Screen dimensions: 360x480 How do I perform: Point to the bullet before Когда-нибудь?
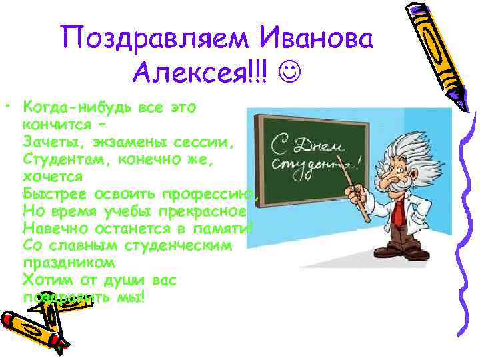[x=7, y=107]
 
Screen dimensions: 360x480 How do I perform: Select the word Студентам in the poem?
[x=59, y=159]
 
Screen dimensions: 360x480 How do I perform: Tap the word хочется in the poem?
[x=53, y=177]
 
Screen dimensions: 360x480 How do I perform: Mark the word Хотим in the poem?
[x=41, y=281]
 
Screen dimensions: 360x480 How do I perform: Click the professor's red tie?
[x=398, y=213]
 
